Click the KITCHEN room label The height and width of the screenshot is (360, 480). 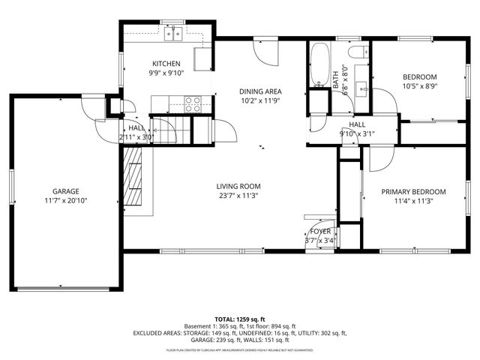coord(166,63)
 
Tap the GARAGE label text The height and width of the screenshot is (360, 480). coord(65,191)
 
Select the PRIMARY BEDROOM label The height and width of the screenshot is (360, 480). coord(413,191)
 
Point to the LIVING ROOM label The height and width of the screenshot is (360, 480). coord(238,186)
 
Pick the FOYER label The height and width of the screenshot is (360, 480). coord(320,232)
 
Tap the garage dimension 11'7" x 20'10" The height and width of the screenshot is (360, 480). coord(65,201)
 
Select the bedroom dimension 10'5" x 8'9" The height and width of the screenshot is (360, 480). coord(419,86)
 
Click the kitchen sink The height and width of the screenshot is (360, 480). coord(175,33)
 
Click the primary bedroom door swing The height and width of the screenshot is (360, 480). coord(380,158)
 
